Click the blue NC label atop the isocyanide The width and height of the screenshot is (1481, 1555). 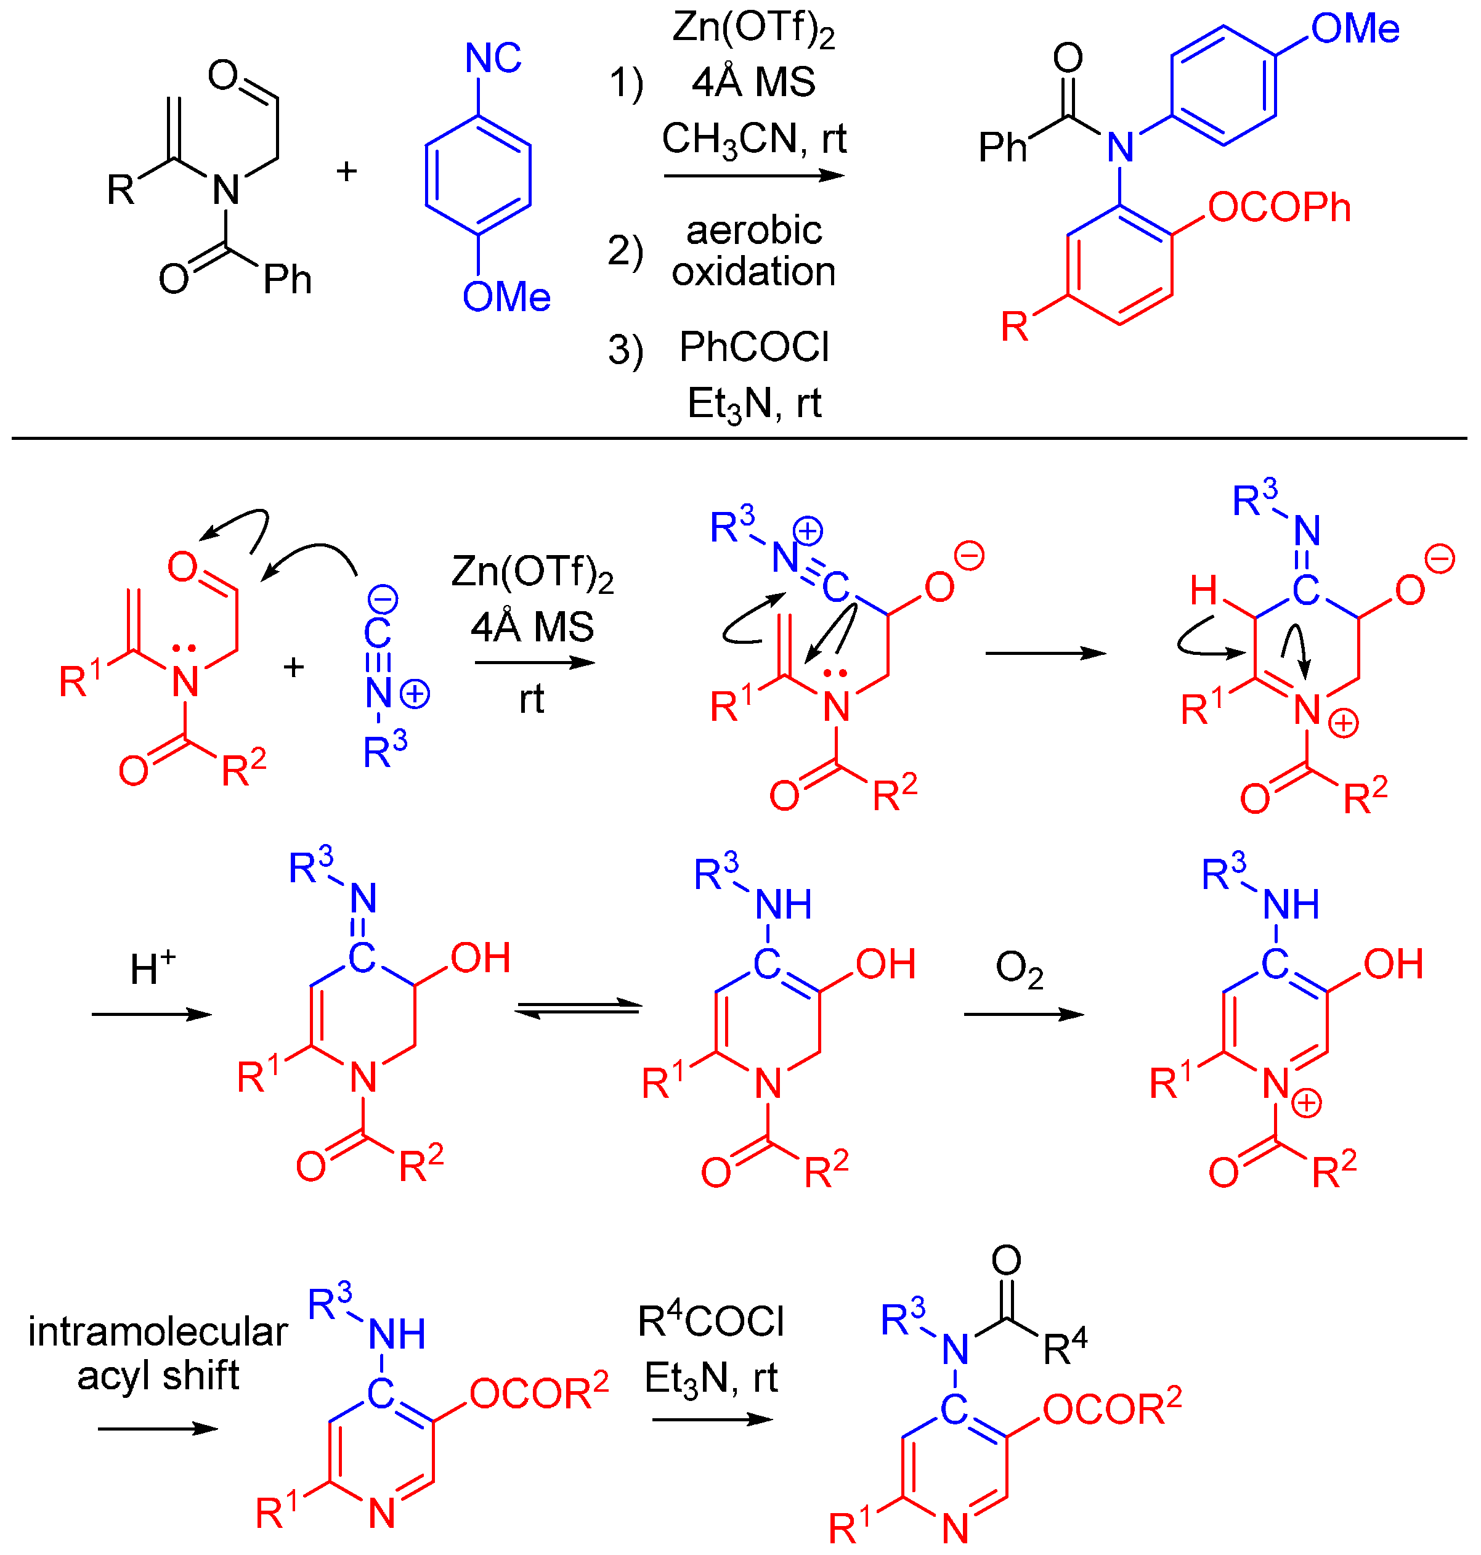493,58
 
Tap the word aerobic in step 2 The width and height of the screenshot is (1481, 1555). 753,230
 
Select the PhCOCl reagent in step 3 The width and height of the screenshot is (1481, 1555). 754,347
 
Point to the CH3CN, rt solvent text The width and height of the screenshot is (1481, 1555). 754,139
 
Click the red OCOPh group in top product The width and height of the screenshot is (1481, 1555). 1279,208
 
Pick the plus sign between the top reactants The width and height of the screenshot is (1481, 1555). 347,171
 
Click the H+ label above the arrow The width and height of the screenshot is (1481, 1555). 152,968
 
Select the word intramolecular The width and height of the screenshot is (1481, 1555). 158,1333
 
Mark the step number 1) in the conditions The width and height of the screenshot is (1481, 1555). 626,83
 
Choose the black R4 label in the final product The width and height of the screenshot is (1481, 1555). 1065,1348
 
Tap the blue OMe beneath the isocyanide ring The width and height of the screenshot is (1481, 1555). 506,298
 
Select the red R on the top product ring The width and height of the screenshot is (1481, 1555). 1015,326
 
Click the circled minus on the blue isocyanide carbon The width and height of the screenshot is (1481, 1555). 384,601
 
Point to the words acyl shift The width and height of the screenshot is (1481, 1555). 158,1376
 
